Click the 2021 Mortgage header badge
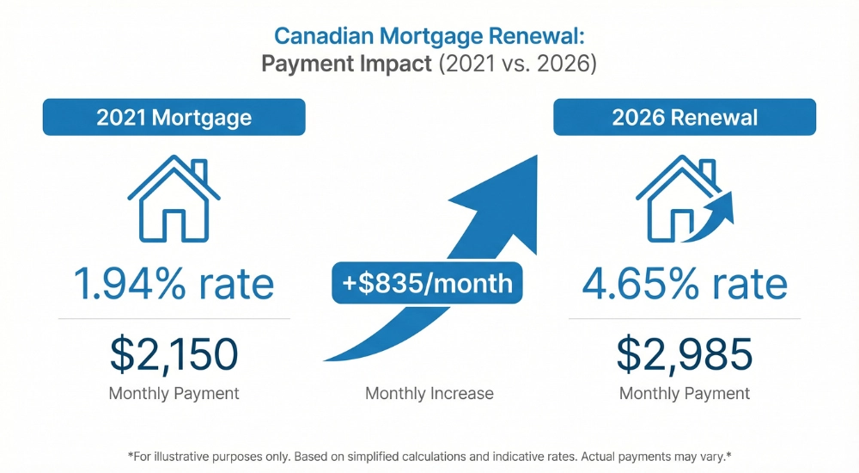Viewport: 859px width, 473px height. tap(174, 118)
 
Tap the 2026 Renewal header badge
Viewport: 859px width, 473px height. tap(685, 118)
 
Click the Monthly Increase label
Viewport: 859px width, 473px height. tap(429, 394)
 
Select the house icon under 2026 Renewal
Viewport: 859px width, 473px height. tap(679, 200)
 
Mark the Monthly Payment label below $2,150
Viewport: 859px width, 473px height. tap(174, 394)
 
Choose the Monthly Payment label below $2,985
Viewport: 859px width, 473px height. tap(685, 394)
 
